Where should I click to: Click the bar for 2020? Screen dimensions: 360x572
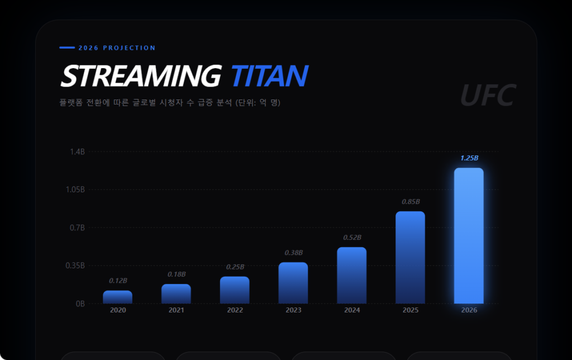pyautogui.click(x=118, y=297)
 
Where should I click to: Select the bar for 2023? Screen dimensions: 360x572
pyautogui.click(x=293, y=283)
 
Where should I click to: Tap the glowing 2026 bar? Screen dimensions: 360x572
pyautogui.click(x=469, y=235)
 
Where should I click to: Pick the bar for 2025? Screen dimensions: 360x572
pyautogui.click(x=411, y=257)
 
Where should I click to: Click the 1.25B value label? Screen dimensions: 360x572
pyautogui.click(x=469, y=158)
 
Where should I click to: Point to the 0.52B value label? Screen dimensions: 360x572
pyautogui.click(x=352, y=238)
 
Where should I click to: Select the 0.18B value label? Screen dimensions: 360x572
pyautogui.click(x=177, y=274)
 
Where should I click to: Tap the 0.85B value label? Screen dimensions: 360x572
pyautogui.click(x=411, y=202)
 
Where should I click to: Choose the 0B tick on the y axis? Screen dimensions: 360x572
pyautogui.click(x=80, y=304)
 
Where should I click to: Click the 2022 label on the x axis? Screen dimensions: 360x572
pyautogui.click(x=235, y=310)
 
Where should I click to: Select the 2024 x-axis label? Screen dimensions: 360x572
pyautogui.click(x=352, y=310)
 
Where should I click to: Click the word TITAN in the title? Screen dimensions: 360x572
pyautogui.click(x=269, y=76)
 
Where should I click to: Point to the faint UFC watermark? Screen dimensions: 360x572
pyautogui.click(x=487, y=96)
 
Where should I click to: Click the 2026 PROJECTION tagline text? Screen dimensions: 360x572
pyautogui.click(x=117, y=48)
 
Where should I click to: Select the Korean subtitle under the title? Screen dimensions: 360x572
pyautogui.click(x=170, y=103)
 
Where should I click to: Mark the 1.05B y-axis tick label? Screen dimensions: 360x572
pyautogui.click(x=75, y=190)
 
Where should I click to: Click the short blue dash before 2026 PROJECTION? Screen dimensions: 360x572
pyautogui.click(x=67, y=48)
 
